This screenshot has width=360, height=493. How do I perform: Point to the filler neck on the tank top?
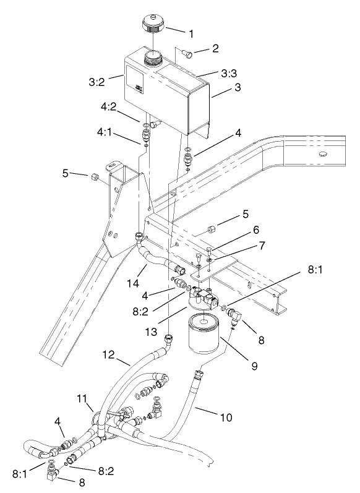[152, 59]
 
